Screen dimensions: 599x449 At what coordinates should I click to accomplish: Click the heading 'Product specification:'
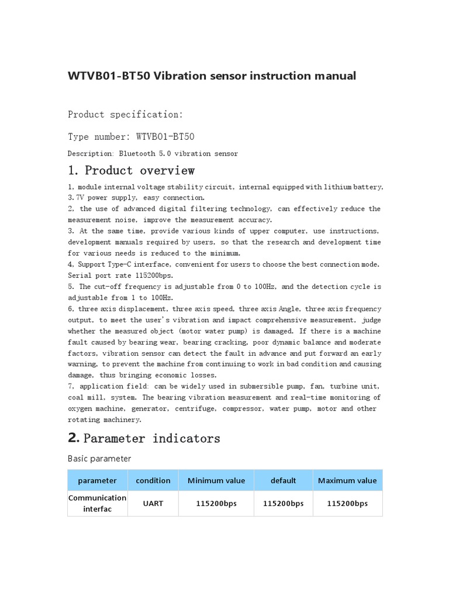(125, 114)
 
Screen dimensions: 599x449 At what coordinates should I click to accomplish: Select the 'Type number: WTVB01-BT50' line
(131, 136)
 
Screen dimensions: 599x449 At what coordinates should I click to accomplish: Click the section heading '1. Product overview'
(131, 171)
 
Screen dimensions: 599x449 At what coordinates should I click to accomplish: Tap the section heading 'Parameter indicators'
(152, 438)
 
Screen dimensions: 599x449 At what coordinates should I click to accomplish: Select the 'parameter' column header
(97, 481)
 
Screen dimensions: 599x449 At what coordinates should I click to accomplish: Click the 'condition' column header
(153, 481)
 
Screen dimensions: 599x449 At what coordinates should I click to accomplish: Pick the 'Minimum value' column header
(216, 481)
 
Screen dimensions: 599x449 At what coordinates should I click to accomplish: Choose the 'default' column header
(284, 481)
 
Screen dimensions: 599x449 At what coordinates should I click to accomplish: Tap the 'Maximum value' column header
(347, 481)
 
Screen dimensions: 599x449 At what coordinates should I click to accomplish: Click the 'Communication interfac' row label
(97, 503)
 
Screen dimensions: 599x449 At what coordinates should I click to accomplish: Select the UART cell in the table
(153, 504)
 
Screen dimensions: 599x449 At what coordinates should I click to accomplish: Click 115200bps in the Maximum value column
(347, 504)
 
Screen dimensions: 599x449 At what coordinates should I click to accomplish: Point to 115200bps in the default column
(284, 504)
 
